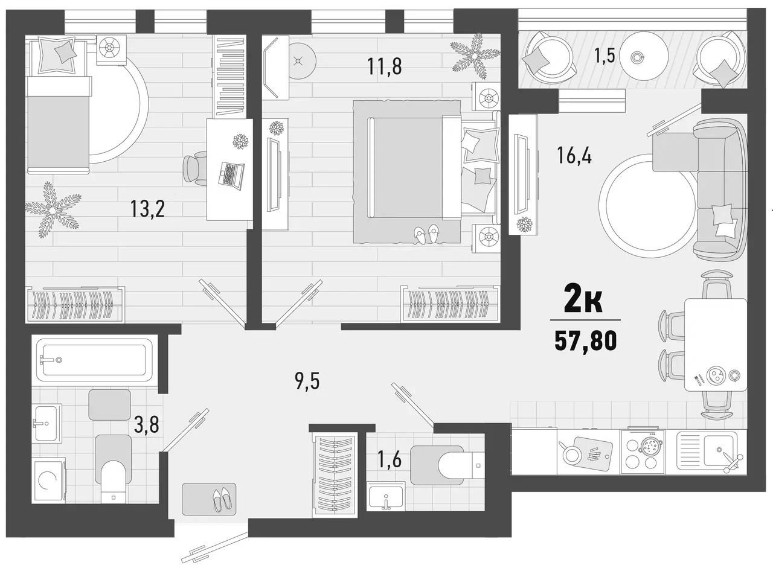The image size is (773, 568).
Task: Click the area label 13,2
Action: point(147,209)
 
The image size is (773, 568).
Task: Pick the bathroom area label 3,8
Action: point(147,426)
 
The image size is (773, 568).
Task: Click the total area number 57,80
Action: point(585,342)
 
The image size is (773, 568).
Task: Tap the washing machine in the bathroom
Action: point(49,480)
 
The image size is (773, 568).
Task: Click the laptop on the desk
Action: point(231,174)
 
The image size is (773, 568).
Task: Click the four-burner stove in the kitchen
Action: point(642,453)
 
